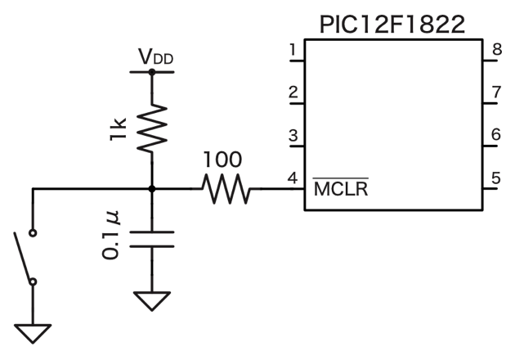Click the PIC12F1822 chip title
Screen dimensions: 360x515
pyautogui.click(x=392, y=22)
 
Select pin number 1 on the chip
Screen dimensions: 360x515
pyautogui.click(x=292, y=52)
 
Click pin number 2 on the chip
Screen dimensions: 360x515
pyautogui.click(x=292, y=91)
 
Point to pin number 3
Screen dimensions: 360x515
pyautogui.click(x=292, y=134)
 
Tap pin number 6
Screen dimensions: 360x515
pyautogui.click(x=496, y=134)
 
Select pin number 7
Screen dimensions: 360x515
pyautogui.click(x=496, y=91)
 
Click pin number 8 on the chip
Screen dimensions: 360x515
pyautogui.click(x=496, y=52)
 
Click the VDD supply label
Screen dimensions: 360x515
pyautogui.click(x=155, y=58)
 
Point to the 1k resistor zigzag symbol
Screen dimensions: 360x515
pyautogui.click(x=152, y=128)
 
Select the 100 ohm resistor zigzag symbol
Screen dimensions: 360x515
pyautogui.click(x=226, y=190)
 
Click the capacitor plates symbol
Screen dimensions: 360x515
pyautogui.click(x=152, y=239)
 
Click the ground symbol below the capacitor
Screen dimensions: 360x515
pyautogui.click(x=152, y=300)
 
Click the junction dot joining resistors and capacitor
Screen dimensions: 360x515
pyautogui.click(x=152, y=189)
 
